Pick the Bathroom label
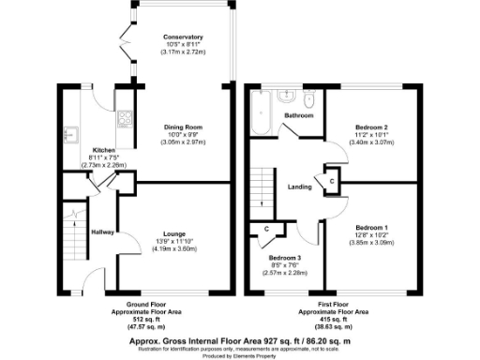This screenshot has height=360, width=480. (299, 115)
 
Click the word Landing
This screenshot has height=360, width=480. (299, 185)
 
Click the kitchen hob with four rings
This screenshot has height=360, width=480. (123, 119)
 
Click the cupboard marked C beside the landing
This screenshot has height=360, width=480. (332, 181)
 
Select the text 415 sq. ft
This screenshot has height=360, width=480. (333, 318)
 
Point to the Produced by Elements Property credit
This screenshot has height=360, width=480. (239, 356)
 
